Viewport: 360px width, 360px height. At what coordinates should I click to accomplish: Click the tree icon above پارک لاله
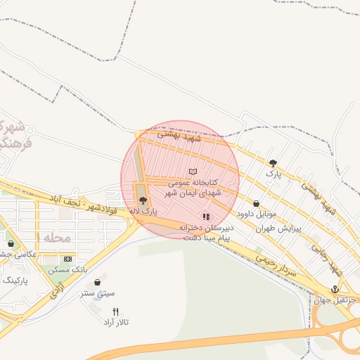[143, 200]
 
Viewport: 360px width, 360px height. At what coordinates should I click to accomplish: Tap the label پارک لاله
[143, 210]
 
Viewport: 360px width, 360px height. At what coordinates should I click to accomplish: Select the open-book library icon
[193, 172]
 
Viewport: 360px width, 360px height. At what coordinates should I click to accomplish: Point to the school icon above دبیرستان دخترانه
[206, 217]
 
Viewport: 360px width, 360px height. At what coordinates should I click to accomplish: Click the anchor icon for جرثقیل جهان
[335, 289]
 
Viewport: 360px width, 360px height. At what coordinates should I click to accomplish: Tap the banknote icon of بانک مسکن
[67, 259]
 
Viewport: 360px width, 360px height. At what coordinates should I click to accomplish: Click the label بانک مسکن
[69, 270]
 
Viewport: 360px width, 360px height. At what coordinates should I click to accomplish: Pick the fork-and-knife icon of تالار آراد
[115, 311]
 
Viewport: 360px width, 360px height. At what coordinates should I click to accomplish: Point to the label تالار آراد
[116, 322]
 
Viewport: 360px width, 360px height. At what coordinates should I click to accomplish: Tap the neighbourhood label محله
[58, 238]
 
